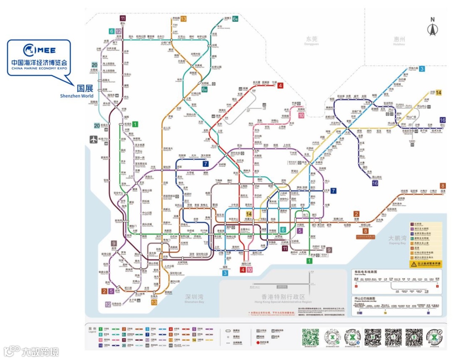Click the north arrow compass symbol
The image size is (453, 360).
tap(432, 27)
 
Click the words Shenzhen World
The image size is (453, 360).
tap(76, 96)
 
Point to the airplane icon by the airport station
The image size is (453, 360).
tap(93, 140)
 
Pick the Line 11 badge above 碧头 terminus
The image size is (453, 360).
tap(122, 18)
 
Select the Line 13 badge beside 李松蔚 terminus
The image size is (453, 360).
tap(183, 19)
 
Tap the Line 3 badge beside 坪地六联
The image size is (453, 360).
tap(422, 69)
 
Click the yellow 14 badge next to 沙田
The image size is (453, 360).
tap(439, 93)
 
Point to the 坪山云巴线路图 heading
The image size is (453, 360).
tap(367, 298)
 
